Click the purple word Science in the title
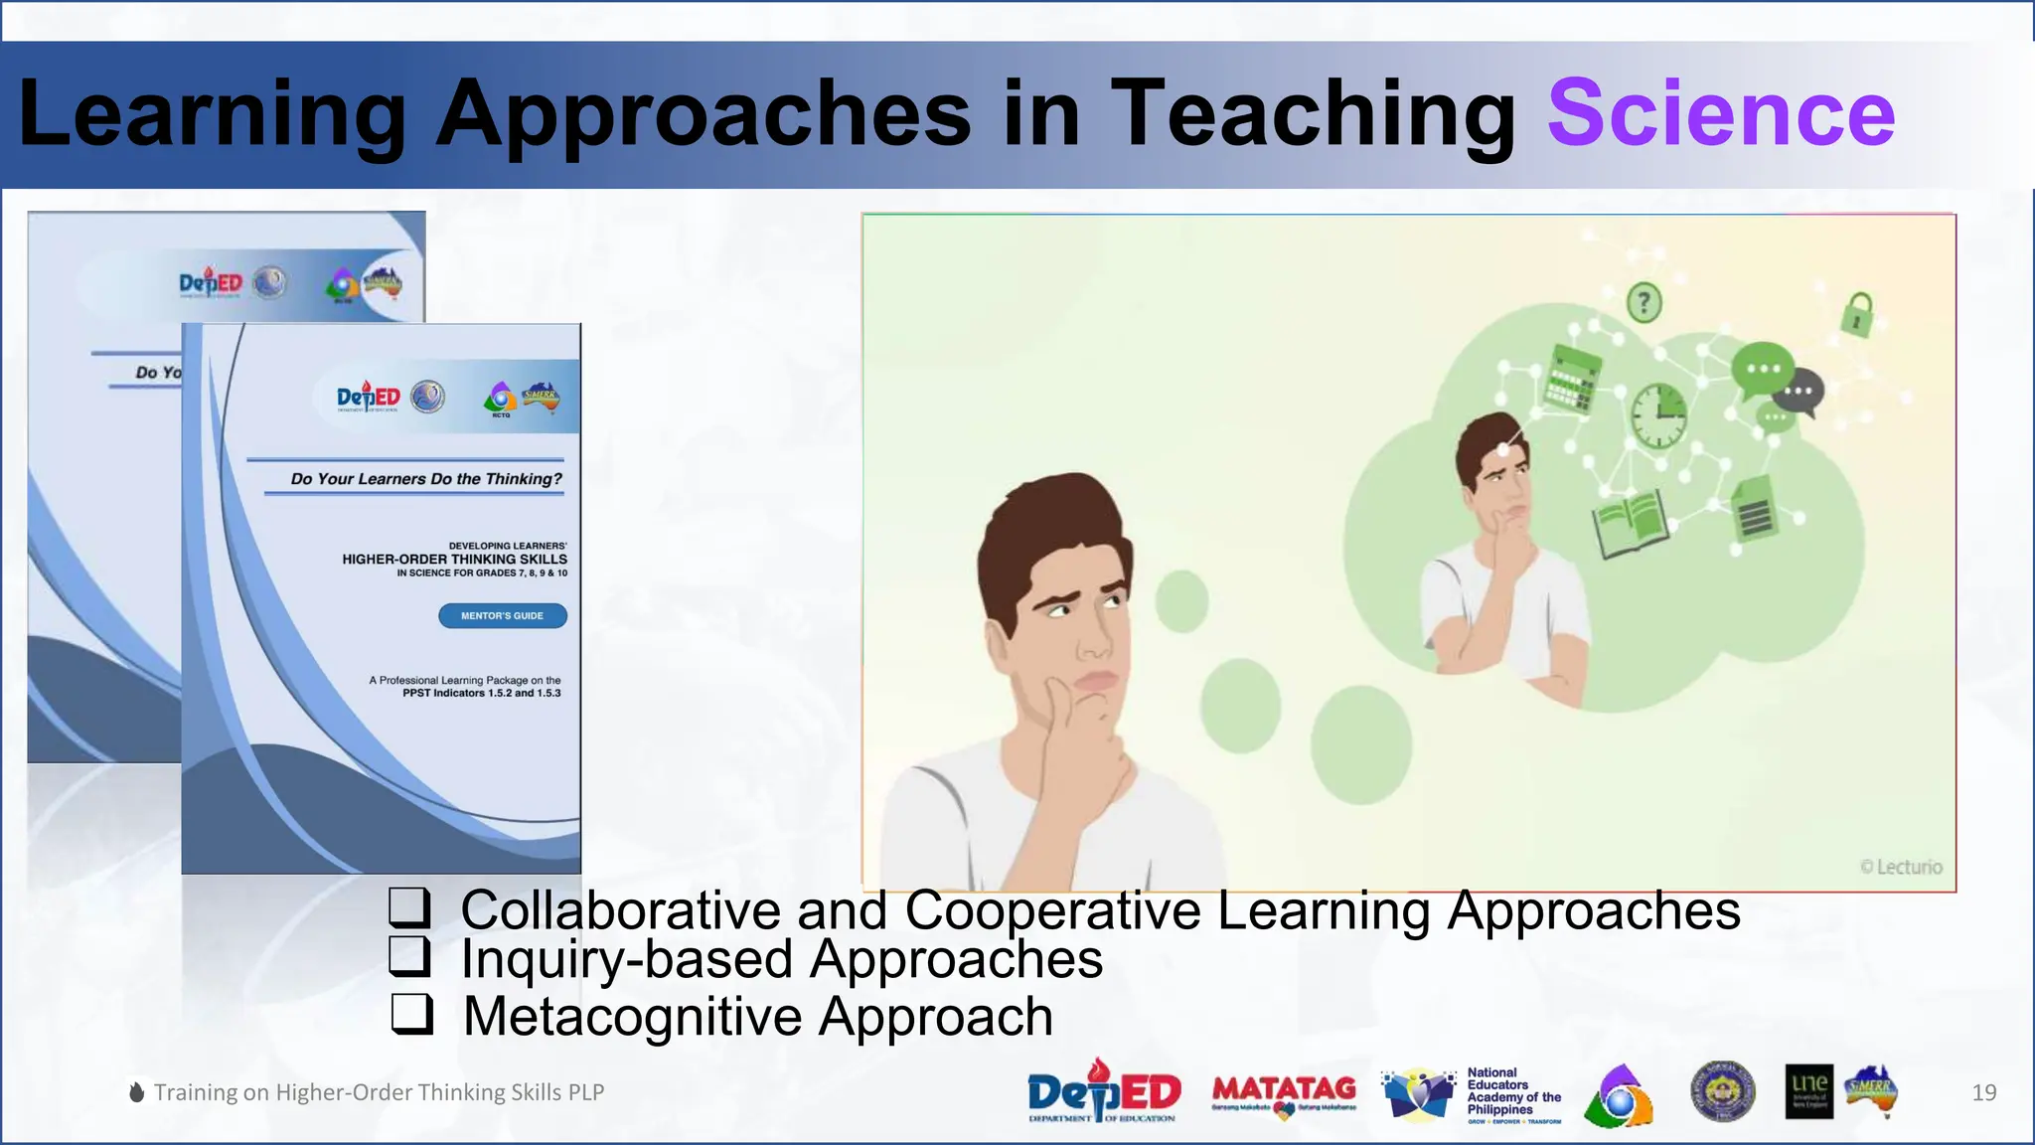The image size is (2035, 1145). tap(1721, 113)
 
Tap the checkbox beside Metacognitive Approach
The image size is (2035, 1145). tap(411, 1014)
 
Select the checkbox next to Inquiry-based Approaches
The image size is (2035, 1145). tap(409, 956)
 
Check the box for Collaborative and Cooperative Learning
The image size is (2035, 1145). tap(409, 907)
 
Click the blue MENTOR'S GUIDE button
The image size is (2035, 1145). tap(503, 616)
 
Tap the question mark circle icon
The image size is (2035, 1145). tap(1644, 302)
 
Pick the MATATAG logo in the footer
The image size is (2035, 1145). tap(1284, 1094)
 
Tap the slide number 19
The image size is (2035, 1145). tap(1983, 1092)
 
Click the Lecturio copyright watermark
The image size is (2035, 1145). tap(1901, 867)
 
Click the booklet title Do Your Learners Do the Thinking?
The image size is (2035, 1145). tap(426, 479)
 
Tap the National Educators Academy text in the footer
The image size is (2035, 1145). tap(1512, 1091)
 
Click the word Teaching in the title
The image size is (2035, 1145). tap(1312, 113)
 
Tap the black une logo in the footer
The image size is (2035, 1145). tap(1808, 1092)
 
